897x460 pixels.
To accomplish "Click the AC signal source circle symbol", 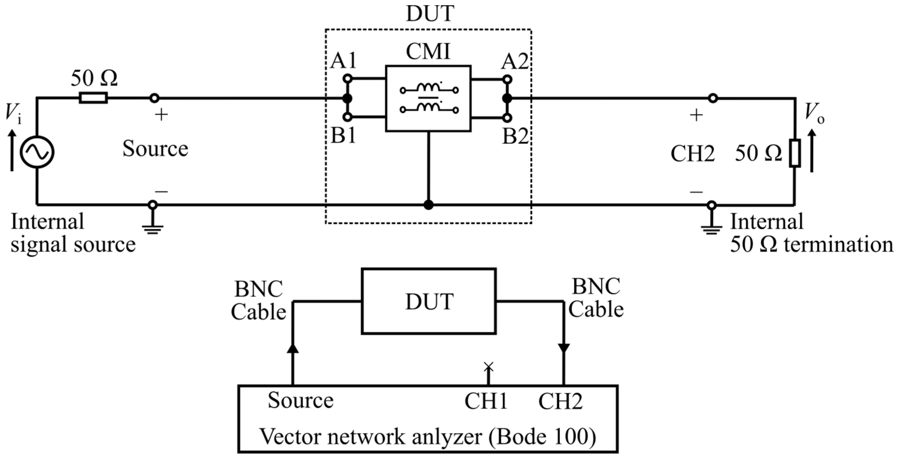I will (x=37, y=152).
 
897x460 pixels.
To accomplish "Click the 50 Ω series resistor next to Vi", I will (x=93, y=98).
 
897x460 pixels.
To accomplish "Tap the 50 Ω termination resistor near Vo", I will (x=795, y=153).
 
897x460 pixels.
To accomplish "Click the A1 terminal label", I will (x=343, y=61).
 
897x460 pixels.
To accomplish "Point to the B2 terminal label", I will (x=515, y=136).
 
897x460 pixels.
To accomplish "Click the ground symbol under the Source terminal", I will (x=152, y=228).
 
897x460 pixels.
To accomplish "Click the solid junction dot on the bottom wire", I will (x=428, y=205).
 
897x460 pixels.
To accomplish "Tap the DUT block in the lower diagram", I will (x=429, y=301).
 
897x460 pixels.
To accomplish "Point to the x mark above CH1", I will (x=489, y=366).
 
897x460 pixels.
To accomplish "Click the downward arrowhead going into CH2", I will (x=563, y=348).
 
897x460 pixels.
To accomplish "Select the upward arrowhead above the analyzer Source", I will (x=293, y=348).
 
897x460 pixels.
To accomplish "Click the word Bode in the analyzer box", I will (x=516, y=436).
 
